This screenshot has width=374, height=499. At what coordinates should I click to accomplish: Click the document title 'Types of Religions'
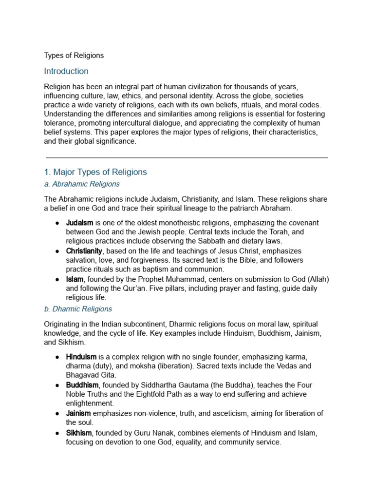pyautogui.click(x=74, y=56)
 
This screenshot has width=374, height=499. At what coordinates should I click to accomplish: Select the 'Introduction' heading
pyautogui.click(x=66, y=71)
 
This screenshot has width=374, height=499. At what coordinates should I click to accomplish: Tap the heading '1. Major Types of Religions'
pyautogui.click(x=95, y=172)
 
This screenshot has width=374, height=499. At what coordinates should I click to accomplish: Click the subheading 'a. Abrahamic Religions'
pyautogui.click(x=81, y=185)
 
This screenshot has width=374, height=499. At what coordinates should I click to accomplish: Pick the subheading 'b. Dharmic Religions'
pyautogui.click(x=78, y=309)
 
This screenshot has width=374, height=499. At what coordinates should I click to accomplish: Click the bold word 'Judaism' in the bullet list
pyautogui.click(x=80, y=223)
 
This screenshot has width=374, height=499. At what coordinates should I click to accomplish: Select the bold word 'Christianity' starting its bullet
pyautogui.click(x=84, y=251)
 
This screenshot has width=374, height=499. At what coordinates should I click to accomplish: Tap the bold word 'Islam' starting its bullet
pyautogui.click(x=75, y=279)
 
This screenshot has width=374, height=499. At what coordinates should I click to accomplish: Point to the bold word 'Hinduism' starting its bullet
pyautogui.click(x=81, y=357)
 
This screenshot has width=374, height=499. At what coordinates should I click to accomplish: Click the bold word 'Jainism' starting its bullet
pyautogui.click(x=78, y=413)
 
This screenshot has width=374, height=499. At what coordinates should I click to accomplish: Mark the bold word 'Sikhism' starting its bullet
pyautogui.click(x=78, y=433)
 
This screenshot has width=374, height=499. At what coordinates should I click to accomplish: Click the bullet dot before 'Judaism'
pyautogui.click(x=57, y=223)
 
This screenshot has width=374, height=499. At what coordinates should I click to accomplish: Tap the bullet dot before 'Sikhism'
pyautogui.click(x=57, y=433)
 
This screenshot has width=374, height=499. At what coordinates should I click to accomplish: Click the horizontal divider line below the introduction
pyautogui.click(x=187, y=158)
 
